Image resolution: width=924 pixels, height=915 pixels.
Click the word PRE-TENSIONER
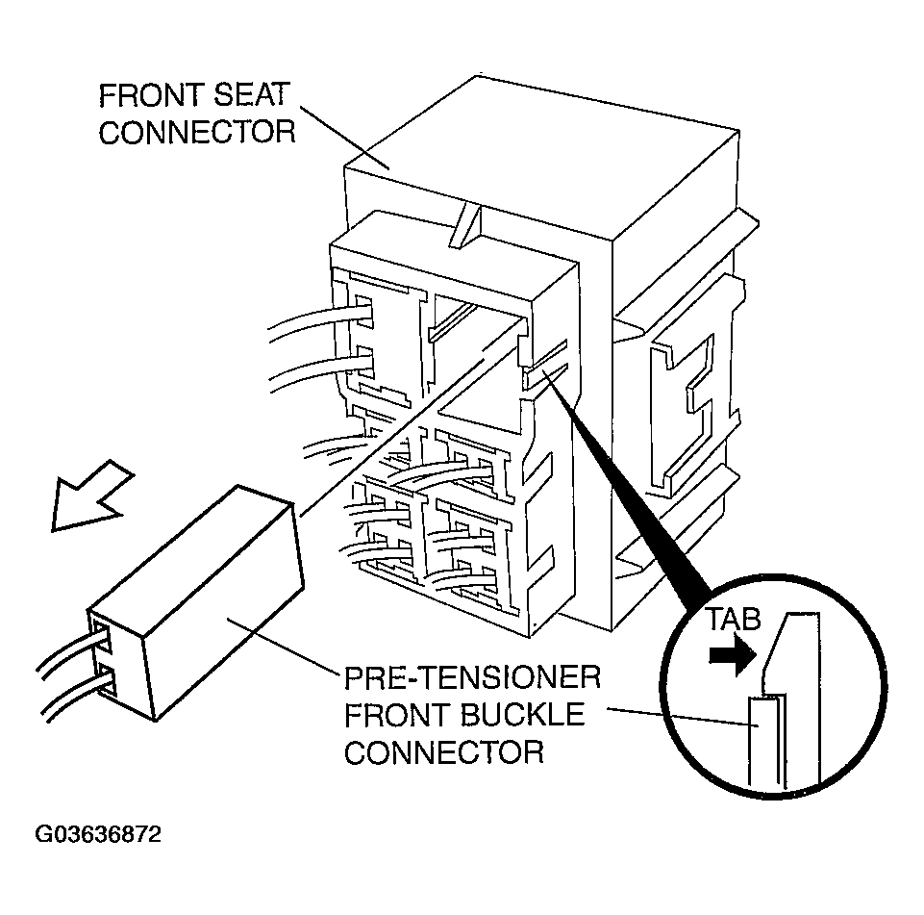pos(471,680)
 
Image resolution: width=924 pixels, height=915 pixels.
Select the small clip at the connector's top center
pos(465,226)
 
